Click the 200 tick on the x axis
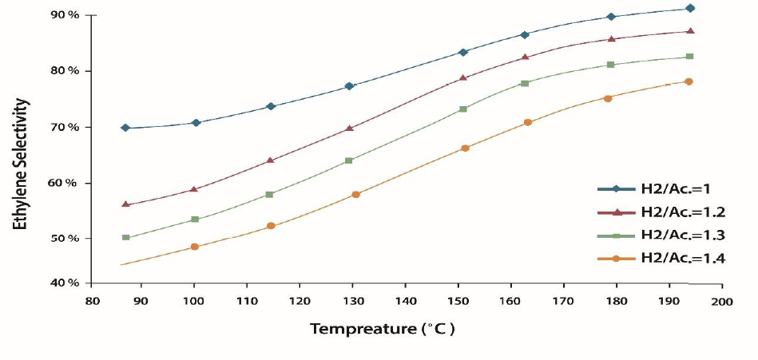point(722,301)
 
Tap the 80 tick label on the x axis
point(90,301)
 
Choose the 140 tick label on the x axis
point(405,301)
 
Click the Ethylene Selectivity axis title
point(21,164)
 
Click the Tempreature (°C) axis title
point(383,329)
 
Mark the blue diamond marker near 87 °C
point(125,128)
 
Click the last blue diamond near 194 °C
point(690,8)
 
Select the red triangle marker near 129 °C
point(349,128)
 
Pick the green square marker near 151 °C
point(463,109)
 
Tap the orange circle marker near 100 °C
point(195,247)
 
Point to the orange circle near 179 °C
point(608,98)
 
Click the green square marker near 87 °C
point(125,238)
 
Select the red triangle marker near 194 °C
point(690,31)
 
